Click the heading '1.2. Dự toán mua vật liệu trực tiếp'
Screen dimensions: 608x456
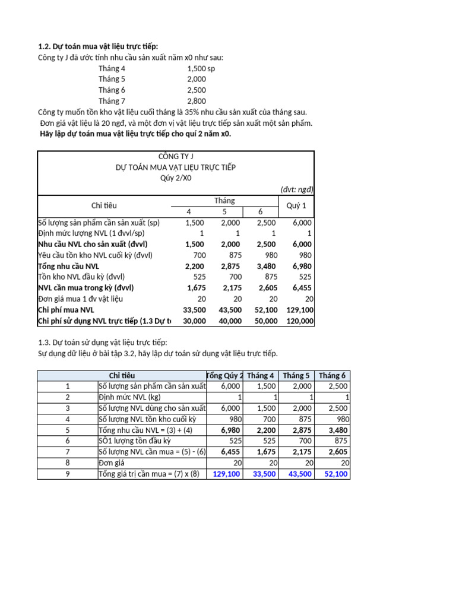tap(98, 46)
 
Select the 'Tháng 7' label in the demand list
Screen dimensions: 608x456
tap(112, 101)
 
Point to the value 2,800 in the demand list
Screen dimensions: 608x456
tap(197, 101)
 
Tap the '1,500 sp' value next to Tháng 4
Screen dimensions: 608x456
tap(201, 68)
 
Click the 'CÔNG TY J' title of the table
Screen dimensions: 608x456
tap(175, 157)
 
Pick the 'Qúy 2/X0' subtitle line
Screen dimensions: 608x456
tap(175, 178)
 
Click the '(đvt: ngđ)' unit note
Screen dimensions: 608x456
tap(297, 189)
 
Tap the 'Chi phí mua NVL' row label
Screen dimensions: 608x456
tap(66, 310)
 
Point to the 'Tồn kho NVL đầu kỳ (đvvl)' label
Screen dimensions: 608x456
tap(81, 277)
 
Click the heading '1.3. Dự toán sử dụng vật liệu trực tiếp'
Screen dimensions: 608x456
tap(102, 343)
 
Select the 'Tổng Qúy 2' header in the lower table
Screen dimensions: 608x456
tap(224, 375)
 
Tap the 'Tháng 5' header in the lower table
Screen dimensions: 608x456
tap(296, 375)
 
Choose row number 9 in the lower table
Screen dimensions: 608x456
tap(68, 474)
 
